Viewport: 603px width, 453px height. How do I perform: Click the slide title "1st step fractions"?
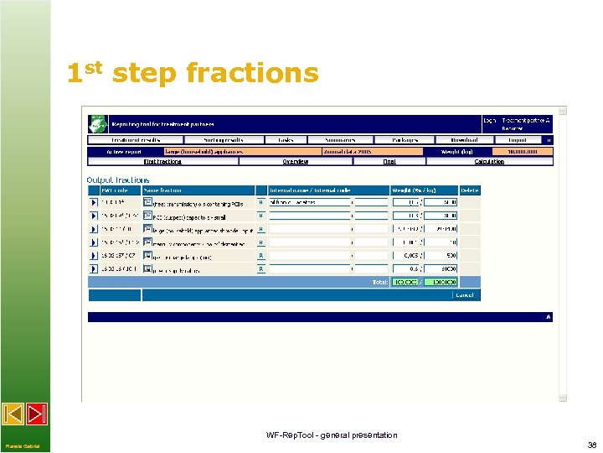click(x=193, y=74)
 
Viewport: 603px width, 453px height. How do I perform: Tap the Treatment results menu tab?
click(x=136, y=140)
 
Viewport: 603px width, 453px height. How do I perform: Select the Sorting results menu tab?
click(x=224, y=140)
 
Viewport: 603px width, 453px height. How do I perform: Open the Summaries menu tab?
click(x=339, y=140)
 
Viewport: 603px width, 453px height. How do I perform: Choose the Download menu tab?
click(x=464, y=140)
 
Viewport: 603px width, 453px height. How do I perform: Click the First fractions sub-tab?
click(x=162, y=161)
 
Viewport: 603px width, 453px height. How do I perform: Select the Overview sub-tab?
click(x=295, y=161)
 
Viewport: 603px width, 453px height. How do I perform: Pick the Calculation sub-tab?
click(x=488, y=161)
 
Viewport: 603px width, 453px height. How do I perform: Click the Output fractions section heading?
click(x=118, y=180)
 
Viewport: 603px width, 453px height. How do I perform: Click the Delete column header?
click(x=471, y=190)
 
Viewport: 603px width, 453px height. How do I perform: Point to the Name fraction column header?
click(x=162, y=190)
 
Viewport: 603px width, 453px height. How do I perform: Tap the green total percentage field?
click(x=405, y=282)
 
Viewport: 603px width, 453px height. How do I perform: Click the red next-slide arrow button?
click(x=37, y=414)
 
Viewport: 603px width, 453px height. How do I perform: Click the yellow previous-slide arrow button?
click(x=13, y=414)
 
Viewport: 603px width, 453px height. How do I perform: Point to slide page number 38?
click(x=591, y=445)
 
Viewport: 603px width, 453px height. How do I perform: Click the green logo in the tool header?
click(x=97, y=123)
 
